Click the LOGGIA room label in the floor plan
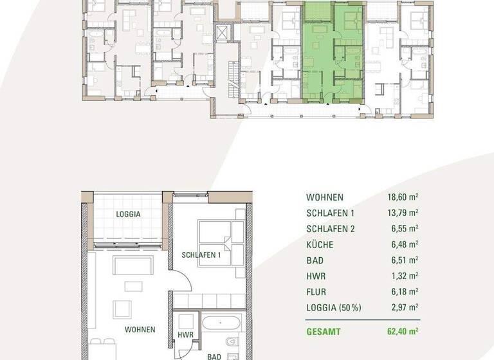click(128, 214)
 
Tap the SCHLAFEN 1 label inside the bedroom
click(201, 255)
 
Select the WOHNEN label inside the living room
click(140, 329)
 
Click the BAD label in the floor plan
click(215, 355)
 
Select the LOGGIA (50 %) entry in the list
click(333, 307)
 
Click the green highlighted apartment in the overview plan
click(333, 55)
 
